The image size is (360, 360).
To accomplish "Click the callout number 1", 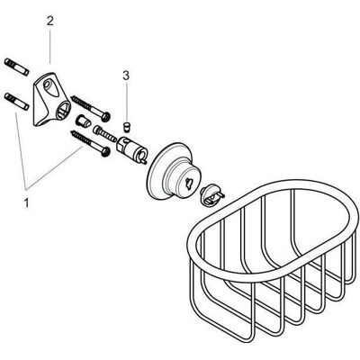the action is coord(26,203).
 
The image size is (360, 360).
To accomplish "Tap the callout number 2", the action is coord(49,22).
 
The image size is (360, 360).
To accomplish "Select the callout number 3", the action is coord(126,76).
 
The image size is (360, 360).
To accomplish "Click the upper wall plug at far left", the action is coord(16,67).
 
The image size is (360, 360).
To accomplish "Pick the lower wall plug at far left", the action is coord(16,101).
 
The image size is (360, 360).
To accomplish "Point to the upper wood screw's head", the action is coord(105,117).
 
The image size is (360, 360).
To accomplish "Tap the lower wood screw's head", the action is coord(105,152).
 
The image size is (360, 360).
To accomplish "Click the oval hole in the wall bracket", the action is coord(50,86).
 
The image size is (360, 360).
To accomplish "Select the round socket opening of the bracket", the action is coord(64,110).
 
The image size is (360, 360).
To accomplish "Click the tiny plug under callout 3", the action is coord(127,127).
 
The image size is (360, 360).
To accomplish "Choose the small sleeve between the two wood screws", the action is coord(84,121).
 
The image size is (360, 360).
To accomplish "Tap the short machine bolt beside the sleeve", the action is coord(105,134).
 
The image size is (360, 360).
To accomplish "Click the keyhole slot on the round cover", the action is coord(189,182).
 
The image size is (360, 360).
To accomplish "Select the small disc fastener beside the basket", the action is coord(211,196).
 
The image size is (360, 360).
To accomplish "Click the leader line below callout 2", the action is coord(49,46).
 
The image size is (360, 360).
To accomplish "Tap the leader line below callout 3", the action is coord(126,102).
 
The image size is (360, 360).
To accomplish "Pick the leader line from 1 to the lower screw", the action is coord(54,168).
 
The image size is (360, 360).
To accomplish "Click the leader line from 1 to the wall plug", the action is coord(20,150).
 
